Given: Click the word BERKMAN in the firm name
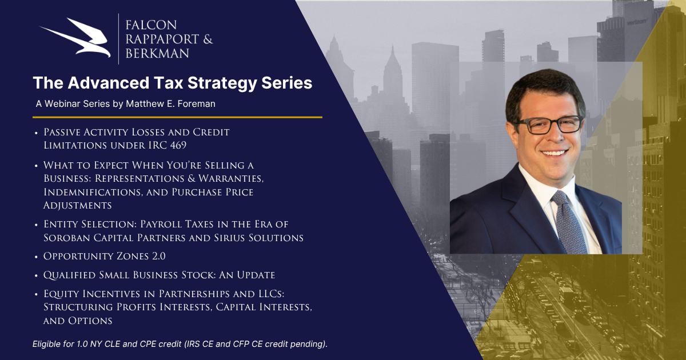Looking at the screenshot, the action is [x=157, y=54].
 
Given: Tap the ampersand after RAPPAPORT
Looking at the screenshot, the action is [x=208, y=39].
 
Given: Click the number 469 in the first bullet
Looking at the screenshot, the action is [x=178, y=145].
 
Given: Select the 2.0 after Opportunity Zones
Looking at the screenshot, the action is [x=159, y=256].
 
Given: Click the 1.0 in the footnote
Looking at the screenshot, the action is [x=82, y=344].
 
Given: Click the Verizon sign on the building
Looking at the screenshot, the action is [x=637, y=22].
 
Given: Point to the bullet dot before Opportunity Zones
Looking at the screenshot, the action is [x=36, y=257].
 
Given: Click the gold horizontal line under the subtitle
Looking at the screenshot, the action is [x=177, y=117].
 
